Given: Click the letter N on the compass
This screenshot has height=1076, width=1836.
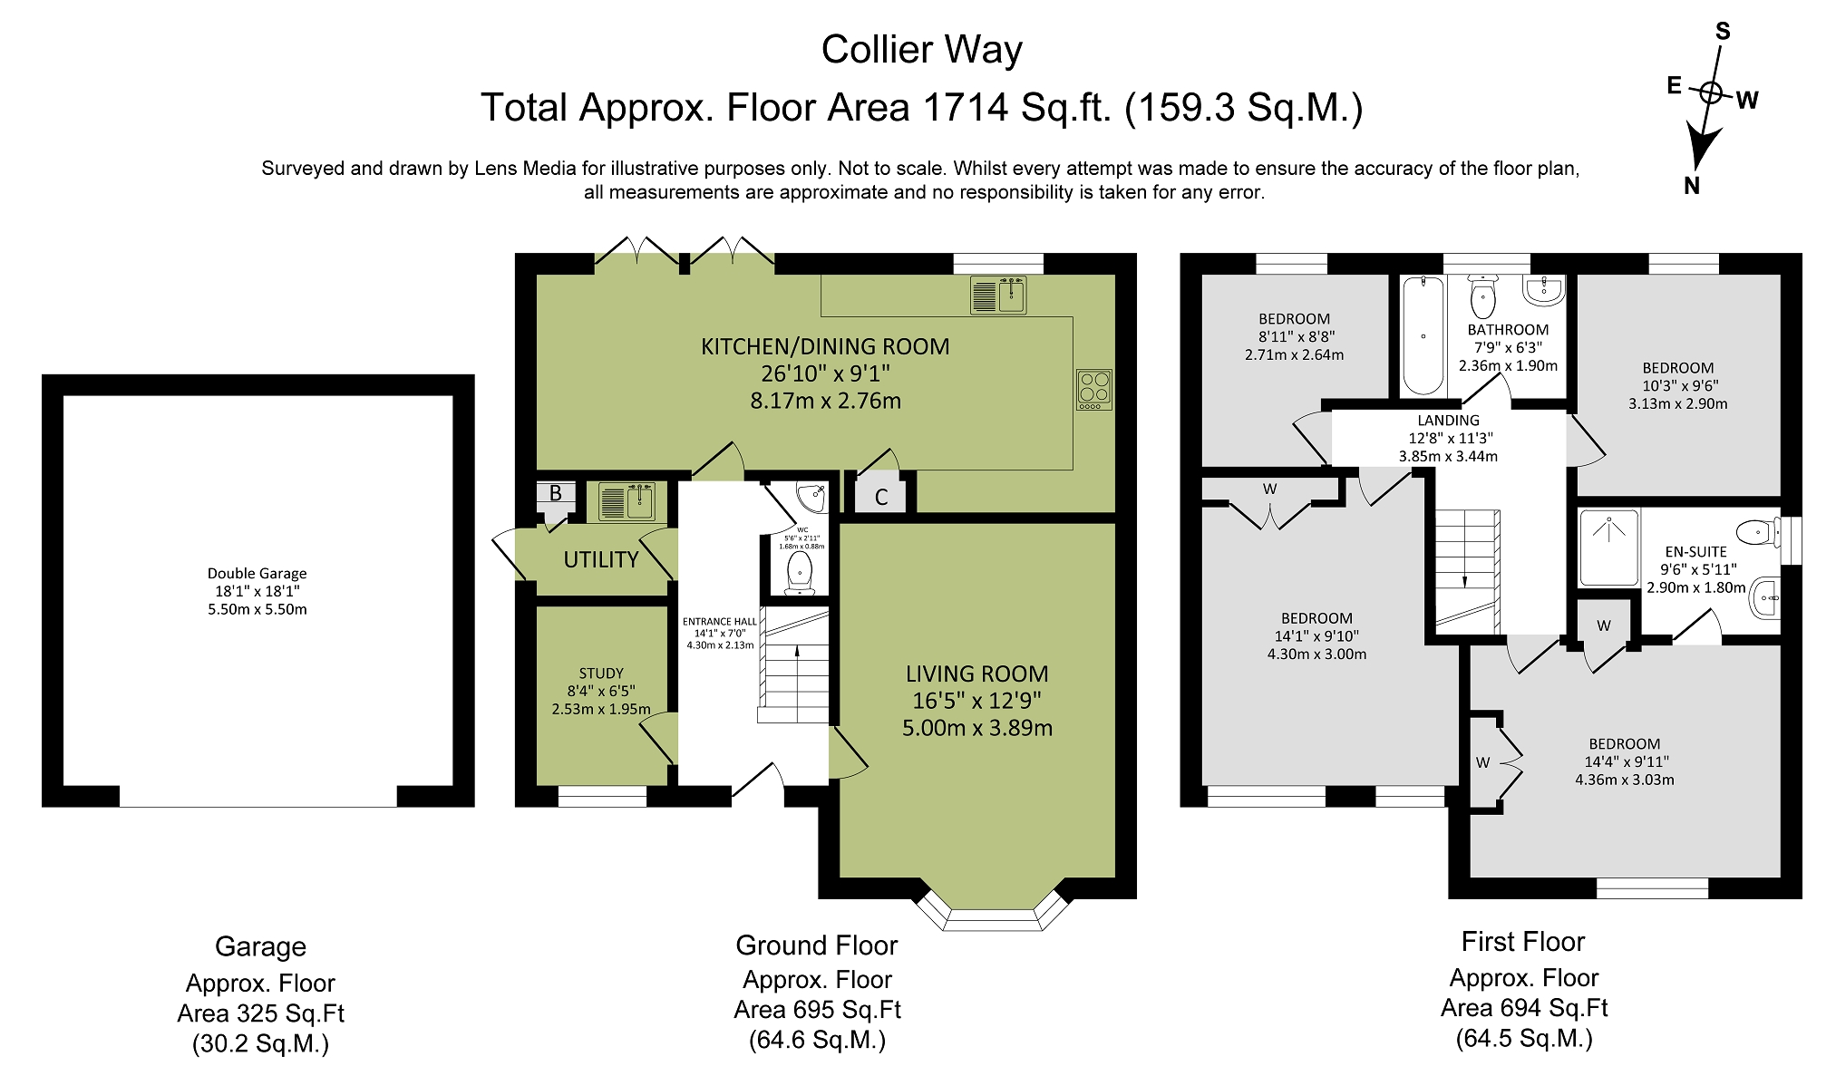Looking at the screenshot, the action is point(1691,186).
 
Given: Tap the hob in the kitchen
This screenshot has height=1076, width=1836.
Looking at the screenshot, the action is point(1094,390).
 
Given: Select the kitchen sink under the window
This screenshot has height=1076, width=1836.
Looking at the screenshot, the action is point(998,296).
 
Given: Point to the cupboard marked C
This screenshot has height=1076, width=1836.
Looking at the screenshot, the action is point(881,497).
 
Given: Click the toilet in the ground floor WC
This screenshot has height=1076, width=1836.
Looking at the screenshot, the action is point(800,572).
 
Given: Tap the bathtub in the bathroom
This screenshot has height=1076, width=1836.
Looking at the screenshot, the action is point(1423,335).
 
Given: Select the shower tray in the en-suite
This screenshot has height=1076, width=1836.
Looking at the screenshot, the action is point(1610,548).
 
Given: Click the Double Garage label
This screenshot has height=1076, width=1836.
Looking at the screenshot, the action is point(257,573).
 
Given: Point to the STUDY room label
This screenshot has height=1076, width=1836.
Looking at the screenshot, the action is point(601,674).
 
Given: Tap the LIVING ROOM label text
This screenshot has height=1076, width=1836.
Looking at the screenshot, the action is point(977,674).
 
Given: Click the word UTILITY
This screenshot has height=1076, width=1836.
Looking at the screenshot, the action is point(601,559).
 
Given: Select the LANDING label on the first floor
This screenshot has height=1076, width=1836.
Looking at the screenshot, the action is point(1449,421).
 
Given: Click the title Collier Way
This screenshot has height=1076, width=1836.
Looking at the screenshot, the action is point(922,50).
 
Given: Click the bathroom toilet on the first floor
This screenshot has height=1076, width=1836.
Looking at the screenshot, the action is point(1483,296).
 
